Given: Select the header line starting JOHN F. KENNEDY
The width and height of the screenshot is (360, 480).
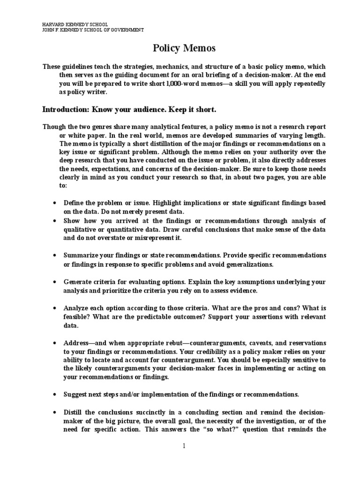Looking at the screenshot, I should click(x=86, y=30).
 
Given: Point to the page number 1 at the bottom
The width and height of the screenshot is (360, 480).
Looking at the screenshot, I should click(x=184, y=446).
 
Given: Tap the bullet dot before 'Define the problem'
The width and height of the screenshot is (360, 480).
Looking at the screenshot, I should click(x=55, y=203).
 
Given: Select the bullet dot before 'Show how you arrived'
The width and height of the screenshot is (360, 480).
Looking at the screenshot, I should click(x=55, y=220).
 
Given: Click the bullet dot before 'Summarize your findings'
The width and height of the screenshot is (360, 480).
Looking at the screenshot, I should click(x=55, y=255).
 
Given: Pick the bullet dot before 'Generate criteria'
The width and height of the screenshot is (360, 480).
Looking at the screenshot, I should click(x=55, y=282).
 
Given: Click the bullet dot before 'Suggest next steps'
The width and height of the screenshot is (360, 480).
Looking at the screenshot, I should click(x=55, y=395).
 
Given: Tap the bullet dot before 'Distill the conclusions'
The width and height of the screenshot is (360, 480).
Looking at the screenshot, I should click(x=55, y=412).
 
